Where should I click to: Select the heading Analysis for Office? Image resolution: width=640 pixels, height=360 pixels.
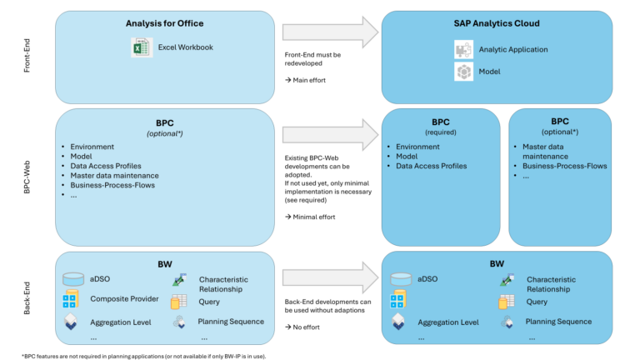coord(165,23)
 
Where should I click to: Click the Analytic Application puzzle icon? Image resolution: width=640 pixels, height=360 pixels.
coord(463,49)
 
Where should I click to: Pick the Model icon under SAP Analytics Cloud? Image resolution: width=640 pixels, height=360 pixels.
coord(463,72)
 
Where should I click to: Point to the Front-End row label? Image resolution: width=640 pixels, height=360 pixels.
coord(27,53)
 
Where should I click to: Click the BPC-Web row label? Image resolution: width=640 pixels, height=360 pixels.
coord(27,177)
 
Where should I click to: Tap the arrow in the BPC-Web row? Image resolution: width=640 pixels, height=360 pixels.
coord(329,132)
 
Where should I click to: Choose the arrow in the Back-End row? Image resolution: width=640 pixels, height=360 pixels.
coord(329,271)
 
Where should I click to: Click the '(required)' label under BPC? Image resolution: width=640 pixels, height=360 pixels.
coord(441,132)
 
